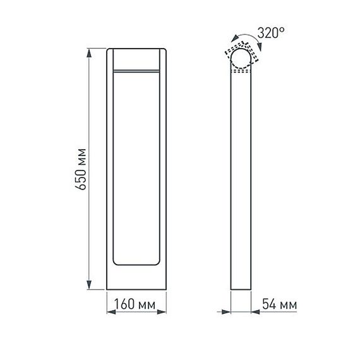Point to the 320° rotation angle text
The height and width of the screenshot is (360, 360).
click(271, 33)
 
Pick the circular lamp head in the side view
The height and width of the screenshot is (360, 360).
click(241, 61)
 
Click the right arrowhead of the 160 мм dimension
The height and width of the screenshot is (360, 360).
click(164, 311)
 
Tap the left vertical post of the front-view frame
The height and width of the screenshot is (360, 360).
click(110, 167)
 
